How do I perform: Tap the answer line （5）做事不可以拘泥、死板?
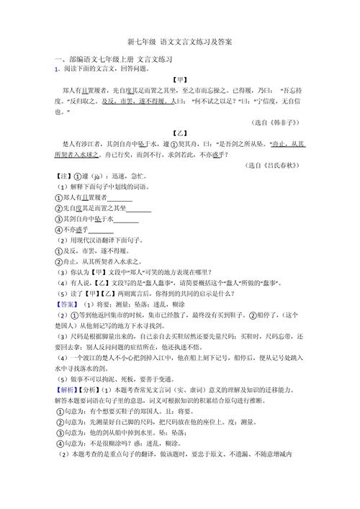[112, 377]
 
